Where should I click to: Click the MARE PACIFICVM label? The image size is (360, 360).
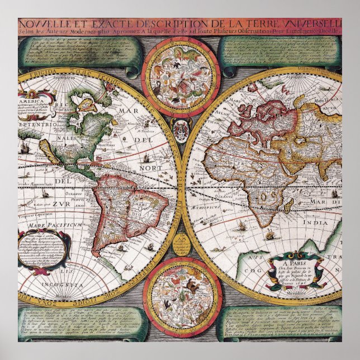(x=44, y=225)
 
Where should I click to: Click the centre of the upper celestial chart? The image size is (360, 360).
(x=179, y=74)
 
